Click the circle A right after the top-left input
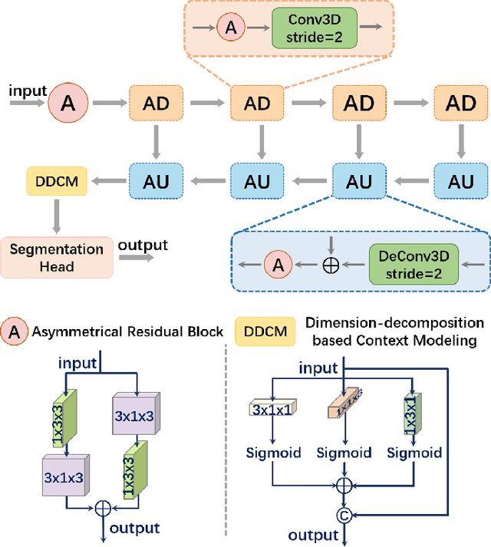68,101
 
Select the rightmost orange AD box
460,102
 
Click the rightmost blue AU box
460,181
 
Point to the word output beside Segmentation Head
143,245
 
